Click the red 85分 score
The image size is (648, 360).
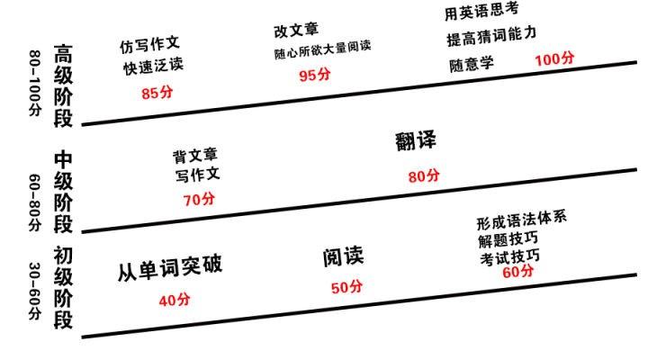[157, 93]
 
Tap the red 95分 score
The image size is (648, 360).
[315, 75]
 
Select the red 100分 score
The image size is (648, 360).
[554, 59]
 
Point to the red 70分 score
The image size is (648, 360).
[199, 200]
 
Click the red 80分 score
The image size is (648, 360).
[424, 176]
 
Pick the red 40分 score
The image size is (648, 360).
[175, 300]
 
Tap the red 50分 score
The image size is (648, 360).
[346, 287]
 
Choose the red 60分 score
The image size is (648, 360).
[517, 272]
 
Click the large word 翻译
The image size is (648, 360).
[415, 141]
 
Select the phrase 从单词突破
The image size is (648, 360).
[170, 268]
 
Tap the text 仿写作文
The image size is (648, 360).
[149, 44]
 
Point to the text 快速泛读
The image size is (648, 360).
[153, 66]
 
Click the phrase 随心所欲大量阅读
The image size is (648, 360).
[322, 49]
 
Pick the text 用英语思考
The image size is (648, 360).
[481, 11]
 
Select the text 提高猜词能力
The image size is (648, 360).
[491, 36]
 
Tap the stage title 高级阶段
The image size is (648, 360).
[63, 86]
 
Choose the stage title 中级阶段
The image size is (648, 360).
[63, 193]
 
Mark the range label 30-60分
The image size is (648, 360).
[35, 291]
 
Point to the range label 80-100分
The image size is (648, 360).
[35, 83]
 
